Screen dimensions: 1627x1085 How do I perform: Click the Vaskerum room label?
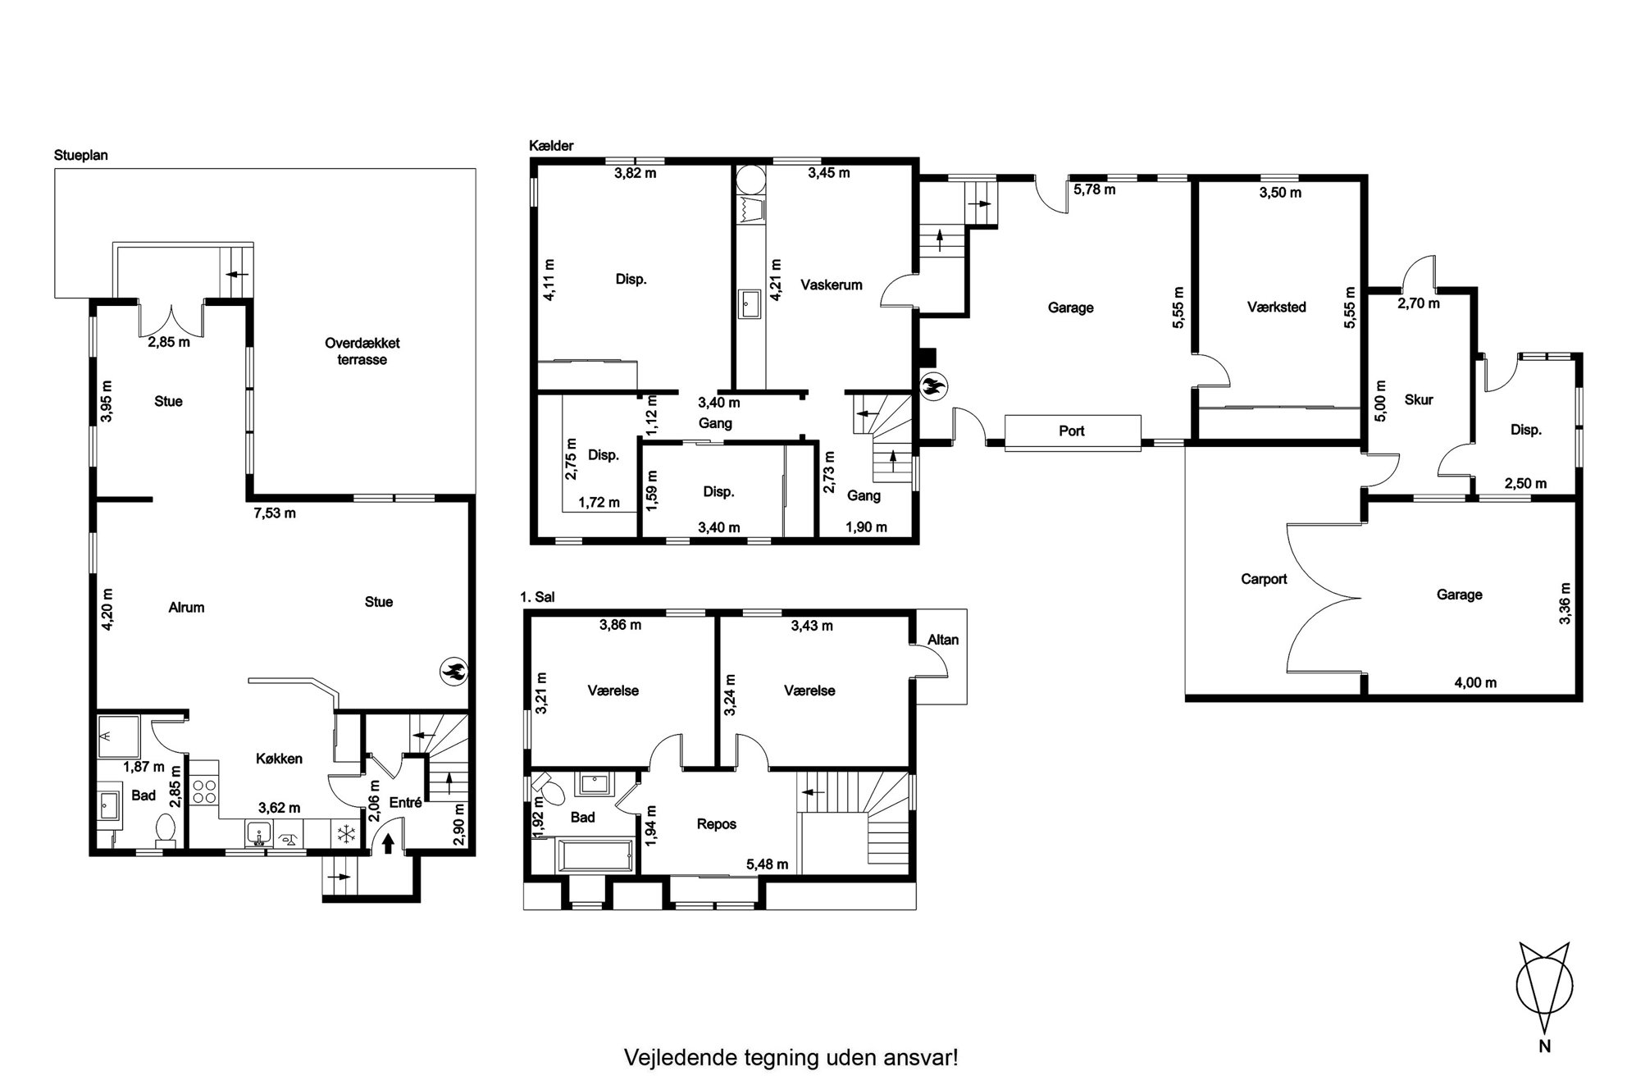click(x=832, y=285)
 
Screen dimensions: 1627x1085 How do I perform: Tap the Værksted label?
click(x=1276, y=307)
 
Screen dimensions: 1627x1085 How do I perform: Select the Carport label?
click(x=1264, y=579)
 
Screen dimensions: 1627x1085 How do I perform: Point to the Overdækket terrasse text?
click(x=362, y=351)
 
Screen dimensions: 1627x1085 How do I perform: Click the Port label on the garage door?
click(x=1072, y=431)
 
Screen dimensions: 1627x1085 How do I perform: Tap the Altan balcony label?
click(x=943, y=640)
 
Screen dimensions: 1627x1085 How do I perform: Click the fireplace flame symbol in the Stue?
click(x=453, y=671)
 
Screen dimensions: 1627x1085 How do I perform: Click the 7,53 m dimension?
click(x=273, y=513)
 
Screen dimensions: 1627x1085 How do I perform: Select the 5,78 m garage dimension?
click(x=1095, y=189)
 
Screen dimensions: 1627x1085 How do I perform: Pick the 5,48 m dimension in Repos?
click(x=767, y=864)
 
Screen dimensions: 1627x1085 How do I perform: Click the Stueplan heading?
click(x=81, y=155)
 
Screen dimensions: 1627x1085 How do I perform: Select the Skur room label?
click(x=1419, y=399)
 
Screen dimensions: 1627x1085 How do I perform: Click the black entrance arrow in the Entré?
click(x=388, y=842)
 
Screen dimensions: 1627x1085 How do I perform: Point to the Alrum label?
click(x=186, y=608)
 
